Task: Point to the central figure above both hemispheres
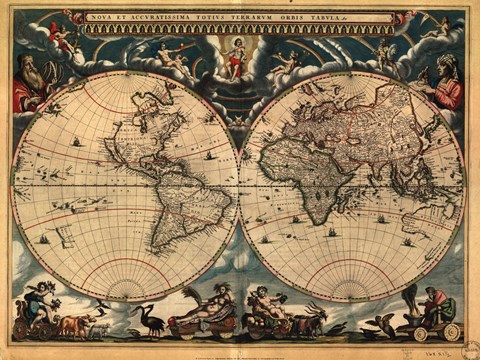(x=236, y=56)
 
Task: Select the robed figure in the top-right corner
(x=445, y=84)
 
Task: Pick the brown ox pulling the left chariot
(x=76, y=324)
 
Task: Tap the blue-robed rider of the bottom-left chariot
(x=40, y=301)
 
